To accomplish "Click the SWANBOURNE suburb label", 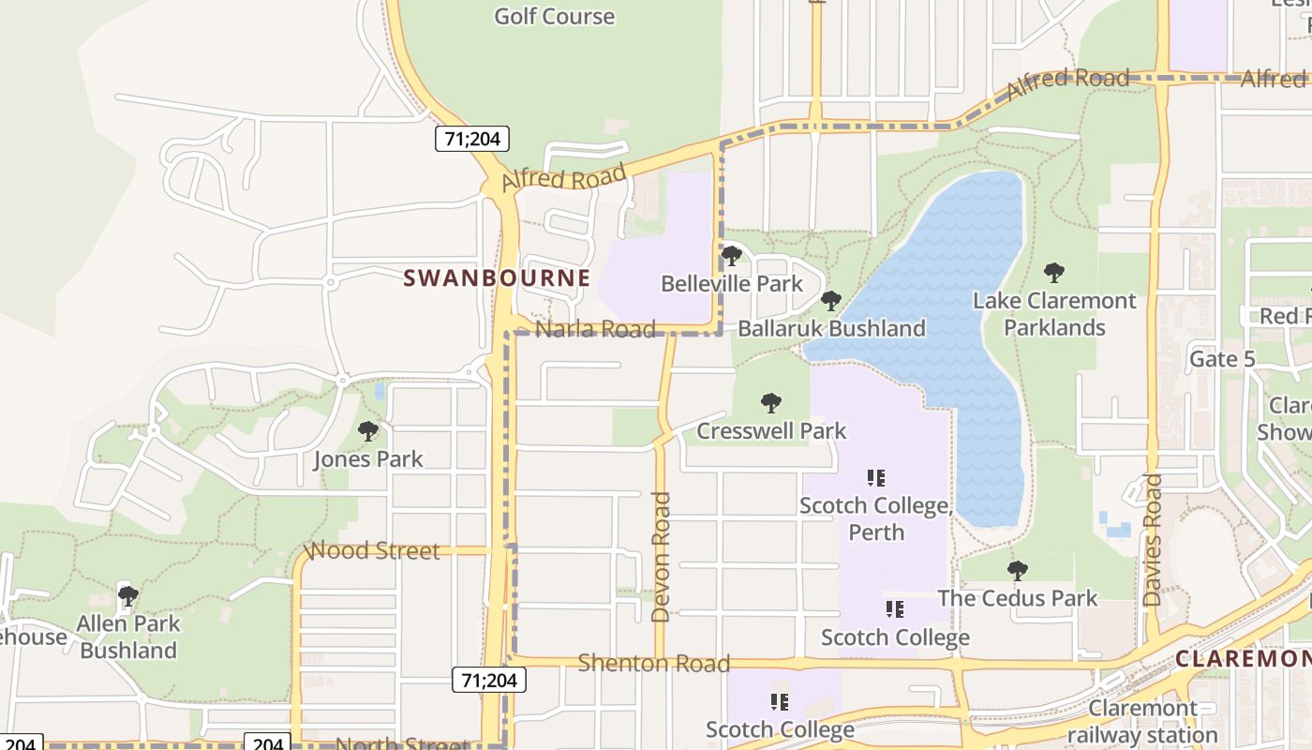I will click(497, 277).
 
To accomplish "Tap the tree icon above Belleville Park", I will click(732, 255).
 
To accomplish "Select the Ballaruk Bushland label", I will click(831, 328).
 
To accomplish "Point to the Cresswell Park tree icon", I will click(771, 403).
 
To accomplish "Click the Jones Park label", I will click(367, 458).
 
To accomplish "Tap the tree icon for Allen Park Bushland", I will click(128, 595).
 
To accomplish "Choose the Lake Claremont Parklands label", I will click(1054, 314).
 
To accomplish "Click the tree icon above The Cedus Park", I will click(1017, 570).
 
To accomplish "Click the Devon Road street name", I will click(661, 557).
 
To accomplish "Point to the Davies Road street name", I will click(1153, 539).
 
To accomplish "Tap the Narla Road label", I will click(595, 329).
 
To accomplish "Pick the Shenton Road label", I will click(653, 663).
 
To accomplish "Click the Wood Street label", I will click(374, 550).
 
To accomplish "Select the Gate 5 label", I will click(1221, 358).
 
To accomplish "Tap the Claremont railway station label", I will click(1141, 721).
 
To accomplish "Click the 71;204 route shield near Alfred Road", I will click(472, 140).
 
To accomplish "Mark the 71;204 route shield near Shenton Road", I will click(488, 680).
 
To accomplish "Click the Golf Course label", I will click(554, 16).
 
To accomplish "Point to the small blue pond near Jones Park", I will click(379, 391).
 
